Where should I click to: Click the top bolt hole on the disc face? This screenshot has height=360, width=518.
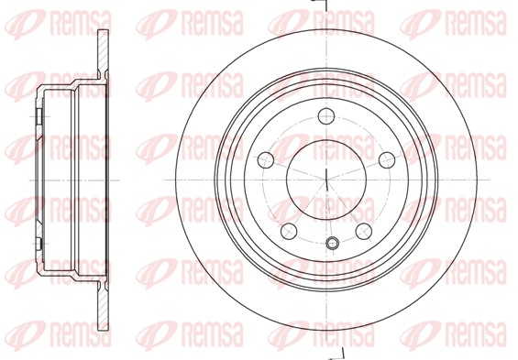325,116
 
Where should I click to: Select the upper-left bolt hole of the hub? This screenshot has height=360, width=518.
265,157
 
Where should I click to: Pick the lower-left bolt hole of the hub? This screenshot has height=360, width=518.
288,230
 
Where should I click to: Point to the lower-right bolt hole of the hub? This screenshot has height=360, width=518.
362,230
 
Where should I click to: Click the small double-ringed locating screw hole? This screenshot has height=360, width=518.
334,243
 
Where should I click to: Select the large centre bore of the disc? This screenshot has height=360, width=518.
325,179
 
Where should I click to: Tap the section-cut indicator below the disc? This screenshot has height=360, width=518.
336,353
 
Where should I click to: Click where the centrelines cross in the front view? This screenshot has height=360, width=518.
325,179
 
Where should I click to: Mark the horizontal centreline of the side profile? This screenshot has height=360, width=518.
64,180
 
